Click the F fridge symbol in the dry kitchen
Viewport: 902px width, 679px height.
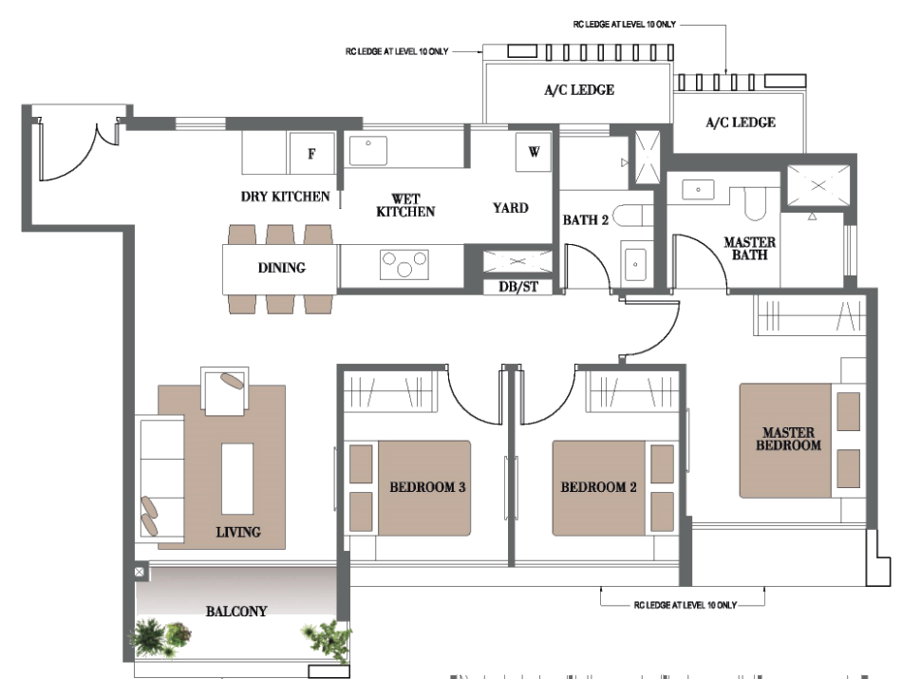click(311, 153)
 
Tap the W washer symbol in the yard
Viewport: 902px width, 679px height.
click(534, 152)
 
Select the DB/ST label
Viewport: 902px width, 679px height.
click(518, 287)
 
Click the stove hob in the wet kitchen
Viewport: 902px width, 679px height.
click(404, 264)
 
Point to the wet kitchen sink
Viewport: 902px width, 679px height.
click(368, 151)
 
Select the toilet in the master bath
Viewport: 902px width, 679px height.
click(756, 203)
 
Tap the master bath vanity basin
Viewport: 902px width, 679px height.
click(698, 189)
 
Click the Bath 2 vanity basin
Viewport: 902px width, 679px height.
click(635, 264)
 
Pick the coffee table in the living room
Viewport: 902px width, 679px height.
click(237, 479)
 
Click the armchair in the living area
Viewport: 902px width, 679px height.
click(225, 390)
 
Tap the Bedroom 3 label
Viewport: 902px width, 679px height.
click(427, 487)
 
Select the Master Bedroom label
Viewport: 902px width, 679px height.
click(788, 439)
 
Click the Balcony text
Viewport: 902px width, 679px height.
click(236, 612)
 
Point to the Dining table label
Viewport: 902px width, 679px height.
click(281, 268)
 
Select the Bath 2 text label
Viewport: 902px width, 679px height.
click(585, 219)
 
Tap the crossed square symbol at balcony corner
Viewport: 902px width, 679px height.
click(140, 572)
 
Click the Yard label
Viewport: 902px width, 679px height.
click(510, 208)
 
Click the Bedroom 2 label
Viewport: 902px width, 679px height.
click(598, 487)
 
